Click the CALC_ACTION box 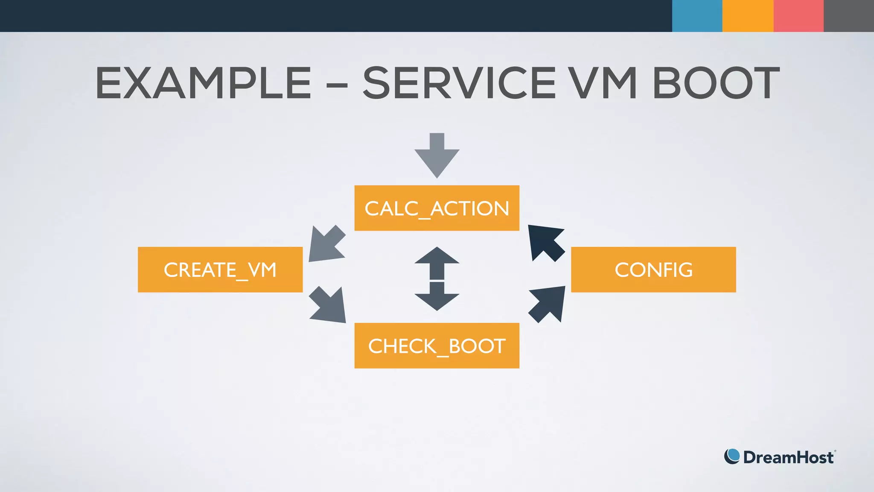pyautogui.click(x=437, y=208)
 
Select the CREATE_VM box pyautogui.click(x=220, y=269)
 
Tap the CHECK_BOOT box pyautogui.click(x=437, y=346)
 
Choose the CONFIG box pyautogui.click(x=653, y=269)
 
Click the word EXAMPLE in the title pyautogui.click(x=203, y=83)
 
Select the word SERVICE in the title pyautogui.click(x=459, y=83)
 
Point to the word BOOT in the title pyautogui.click(x=716, y=83)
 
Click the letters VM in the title pyautogui.click(x=604, y=83)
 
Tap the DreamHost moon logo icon pyautogui.click(x=732, y=457)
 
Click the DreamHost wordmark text pyautogui.click(x=788, y=457)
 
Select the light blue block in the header pyautogui.click(x=697, y=16)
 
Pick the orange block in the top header pyautogui.click(x=748, y=16)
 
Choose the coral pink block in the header pyautogui.click(x=798, y=16)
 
